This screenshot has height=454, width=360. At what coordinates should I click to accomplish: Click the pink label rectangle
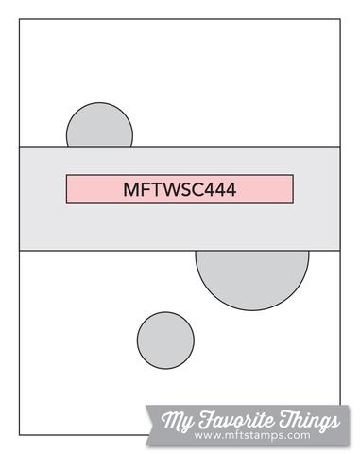point(180,189)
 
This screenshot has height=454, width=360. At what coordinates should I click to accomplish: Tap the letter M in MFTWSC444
point(129,189)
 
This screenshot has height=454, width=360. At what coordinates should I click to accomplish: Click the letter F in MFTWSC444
point(142,189)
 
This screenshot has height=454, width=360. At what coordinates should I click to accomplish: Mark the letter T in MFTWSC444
point(151,189)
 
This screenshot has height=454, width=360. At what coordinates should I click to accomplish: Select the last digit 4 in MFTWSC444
point(231,189)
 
